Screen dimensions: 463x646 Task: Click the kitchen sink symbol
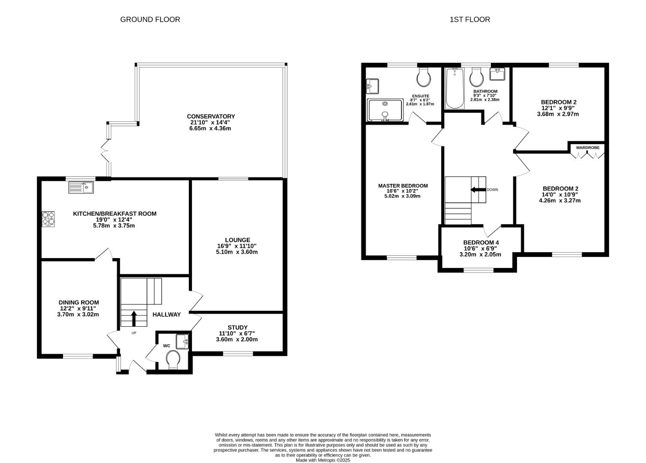click(x=81, y=187)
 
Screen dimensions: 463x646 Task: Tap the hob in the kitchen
click(x=48, y=218)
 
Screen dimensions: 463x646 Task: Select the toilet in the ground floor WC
click(x=173, y=359)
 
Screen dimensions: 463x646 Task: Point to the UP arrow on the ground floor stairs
click(x=134, y=319)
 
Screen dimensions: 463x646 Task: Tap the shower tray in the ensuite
click(x=385, y=110)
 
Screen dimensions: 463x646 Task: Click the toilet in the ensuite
click(x=424, y=77)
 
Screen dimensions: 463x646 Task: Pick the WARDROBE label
click(x=587, y=147)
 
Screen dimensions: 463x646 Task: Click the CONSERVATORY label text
click(x=211, y=116)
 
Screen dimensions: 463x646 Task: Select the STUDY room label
click(x=237, y=327)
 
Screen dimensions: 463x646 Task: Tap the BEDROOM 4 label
click(x=481, y=242)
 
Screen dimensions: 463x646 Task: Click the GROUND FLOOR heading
click(x=150, y=19)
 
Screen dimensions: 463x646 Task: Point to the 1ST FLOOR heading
click(x=470, y=19)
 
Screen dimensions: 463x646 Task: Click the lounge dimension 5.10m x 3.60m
click(x=236, y=252)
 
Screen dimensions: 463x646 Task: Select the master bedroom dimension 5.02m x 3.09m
click(x=402, y=196)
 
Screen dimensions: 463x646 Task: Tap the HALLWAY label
click(x=167, y=314)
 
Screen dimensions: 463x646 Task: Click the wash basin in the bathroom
click(x=497, y=74)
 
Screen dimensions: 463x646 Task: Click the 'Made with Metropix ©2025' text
click(x=323, y=460)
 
